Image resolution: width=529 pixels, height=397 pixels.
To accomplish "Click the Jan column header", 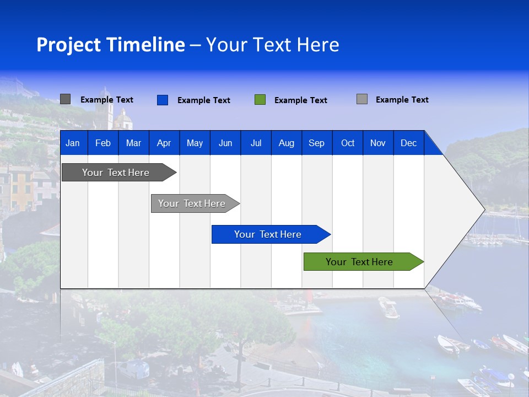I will pyautogui.click(x=73, y=143).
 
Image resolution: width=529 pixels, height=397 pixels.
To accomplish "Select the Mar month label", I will pyautogui.click(x=133, y=143).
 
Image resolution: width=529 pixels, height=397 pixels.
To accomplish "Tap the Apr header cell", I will pyautogui.click(x=164, y=143).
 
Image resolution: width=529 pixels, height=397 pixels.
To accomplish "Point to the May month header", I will pyautogui.click(x=195, y=143).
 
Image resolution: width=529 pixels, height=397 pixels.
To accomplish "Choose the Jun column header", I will pyautogui.click(x=225, y=143).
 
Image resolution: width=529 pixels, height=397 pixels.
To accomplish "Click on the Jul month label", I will pyautogui.click(x=256, y=143).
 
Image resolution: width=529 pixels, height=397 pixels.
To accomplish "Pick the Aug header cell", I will pyautogui.click(x=286, y=143).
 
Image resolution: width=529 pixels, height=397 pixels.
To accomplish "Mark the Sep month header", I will pyautogui.click(x=316, y=143).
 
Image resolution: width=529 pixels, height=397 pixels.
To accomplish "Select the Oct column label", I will pyautogui.click(x=348, y=143).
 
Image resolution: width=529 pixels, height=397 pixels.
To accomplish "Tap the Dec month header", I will pyautogui.click(x=408, y=143).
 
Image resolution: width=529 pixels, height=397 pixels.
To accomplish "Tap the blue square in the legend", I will pyautogui.click(x=163, y=100).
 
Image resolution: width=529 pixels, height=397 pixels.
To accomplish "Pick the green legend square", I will pyautogui.click(x=260, y=100).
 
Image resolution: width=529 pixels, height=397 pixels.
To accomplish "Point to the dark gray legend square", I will pyautogui.click(x=65, y=99).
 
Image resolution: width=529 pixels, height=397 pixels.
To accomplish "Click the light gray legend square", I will pyautogui.click(x=362, y=99).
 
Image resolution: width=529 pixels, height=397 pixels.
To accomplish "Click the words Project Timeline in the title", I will pyautogui.click(x=111, y=45).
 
